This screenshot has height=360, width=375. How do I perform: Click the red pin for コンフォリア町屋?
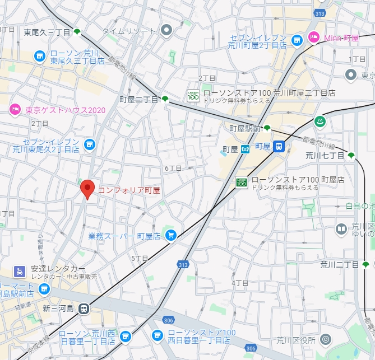click(x=87, y=189)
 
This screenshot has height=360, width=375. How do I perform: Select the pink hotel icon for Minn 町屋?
click(x=313, y=38)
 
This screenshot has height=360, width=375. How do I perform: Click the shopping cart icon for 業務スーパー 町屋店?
click(x=170, y=236)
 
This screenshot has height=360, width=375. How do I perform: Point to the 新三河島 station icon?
click(x=84, y=307)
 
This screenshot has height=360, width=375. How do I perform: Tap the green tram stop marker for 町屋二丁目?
click(x=165, y=99)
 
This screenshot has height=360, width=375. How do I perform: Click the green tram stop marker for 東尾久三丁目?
click(x=77, y=32)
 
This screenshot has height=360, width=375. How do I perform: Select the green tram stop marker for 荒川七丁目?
click(x=351, y=155)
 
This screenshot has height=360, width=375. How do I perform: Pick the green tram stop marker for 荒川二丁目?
click(x=366, y=264)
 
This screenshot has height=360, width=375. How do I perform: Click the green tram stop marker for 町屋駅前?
click(x=267, y=128)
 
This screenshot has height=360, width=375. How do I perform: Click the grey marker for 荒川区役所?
click(x=327, y=339)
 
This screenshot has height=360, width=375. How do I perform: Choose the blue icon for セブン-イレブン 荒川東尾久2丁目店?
click(x=89, y=145)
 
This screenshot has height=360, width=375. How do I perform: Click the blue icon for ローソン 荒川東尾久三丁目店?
click(x=39, y=55)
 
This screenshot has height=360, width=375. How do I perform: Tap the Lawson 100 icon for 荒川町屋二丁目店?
click(x=193, y=96)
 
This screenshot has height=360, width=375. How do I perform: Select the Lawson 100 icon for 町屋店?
click(x=241, y=182)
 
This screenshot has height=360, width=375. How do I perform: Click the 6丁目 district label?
click(x=173, y=168)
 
